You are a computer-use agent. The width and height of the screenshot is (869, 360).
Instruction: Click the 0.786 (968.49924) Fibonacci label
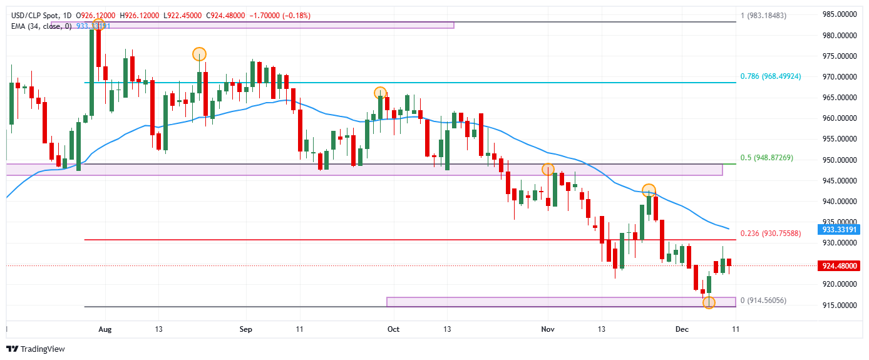779,76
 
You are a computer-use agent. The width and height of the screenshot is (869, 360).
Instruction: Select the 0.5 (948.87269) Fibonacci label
775,157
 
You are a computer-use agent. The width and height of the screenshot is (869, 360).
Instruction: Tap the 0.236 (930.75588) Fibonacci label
779,233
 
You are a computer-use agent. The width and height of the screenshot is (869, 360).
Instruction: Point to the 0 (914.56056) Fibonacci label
763,301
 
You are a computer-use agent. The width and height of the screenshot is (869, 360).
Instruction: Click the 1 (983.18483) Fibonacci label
772,15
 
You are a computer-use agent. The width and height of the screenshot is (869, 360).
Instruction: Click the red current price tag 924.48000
839,266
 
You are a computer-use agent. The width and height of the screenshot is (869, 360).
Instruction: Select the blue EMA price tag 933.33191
839,229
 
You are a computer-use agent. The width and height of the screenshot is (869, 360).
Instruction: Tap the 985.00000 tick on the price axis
839,14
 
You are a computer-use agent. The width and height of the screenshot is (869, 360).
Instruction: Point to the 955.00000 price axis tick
839,139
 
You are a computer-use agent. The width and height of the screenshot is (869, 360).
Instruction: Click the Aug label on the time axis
105,329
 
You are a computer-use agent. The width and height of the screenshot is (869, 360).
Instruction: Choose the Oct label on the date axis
393,329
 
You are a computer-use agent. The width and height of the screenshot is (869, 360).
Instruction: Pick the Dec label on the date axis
682,329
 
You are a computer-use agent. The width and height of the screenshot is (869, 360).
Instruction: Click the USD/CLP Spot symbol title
37,15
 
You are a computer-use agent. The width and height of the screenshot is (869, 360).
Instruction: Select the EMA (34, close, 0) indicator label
41,26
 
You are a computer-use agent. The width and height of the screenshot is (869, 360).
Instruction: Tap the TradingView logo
36,349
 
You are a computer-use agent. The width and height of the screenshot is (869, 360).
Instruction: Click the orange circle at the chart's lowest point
709,303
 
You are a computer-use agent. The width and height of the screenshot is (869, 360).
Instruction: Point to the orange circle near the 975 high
199,54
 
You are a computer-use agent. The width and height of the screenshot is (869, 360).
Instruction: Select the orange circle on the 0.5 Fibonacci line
548,169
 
